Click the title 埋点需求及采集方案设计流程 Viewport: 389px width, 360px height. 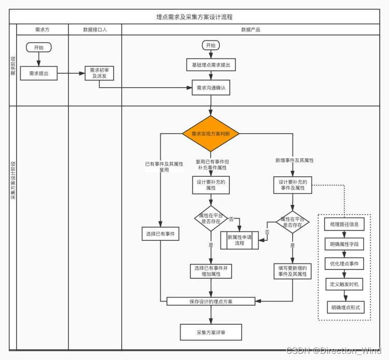195,17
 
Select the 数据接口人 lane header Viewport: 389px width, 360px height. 95,30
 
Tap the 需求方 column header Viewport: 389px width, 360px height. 43,30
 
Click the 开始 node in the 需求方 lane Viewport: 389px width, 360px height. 39,48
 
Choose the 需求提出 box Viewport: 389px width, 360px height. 39,74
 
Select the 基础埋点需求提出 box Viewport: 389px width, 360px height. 211,65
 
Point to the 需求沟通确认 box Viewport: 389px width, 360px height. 211,88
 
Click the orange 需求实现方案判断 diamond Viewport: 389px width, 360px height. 211,133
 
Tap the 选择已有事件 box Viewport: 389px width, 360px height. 160,234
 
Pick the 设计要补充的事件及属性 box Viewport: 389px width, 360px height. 293,186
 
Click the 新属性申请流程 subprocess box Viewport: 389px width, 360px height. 240,240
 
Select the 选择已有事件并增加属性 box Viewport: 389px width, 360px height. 211,271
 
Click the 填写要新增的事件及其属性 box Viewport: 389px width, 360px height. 293,271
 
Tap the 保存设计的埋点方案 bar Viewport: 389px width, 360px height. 211,301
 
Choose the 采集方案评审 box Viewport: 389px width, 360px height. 211,332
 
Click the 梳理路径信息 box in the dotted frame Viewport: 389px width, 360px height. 344,225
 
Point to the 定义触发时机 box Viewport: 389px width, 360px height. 344,285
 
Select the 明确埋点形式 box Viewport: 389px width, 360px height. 344,308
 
